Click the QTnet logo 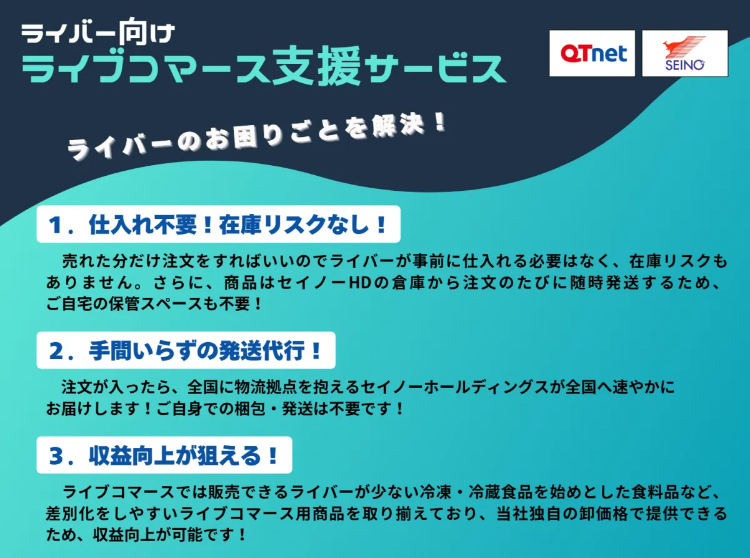pos(592,54)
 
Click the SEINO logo pos(684,54)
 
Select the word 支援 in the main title pos(316,69)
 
